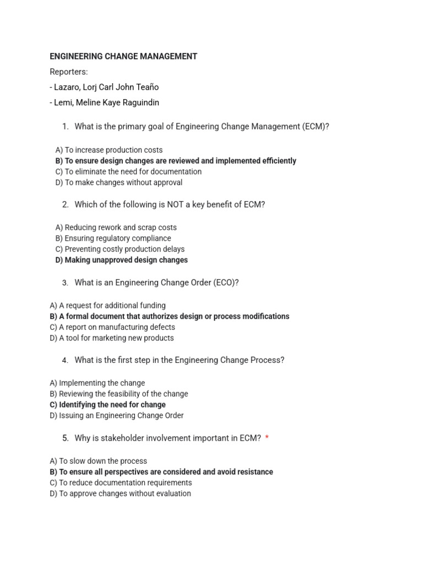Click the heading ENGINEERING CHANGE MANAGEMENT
(123, 56)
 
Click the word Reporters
(69, 72)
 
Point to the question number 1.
(65, 127)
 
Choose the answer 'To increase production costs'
(109, 150)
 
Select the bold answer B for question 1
(176, 161)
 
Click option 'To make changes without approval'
(119, 182)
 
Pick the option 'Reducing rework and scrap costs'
(116, 227)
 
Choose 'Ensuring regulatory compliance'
(113, 238)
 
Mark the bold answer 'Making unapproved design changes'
(121, 260)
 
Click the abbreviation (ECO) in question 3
(225, 283)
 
